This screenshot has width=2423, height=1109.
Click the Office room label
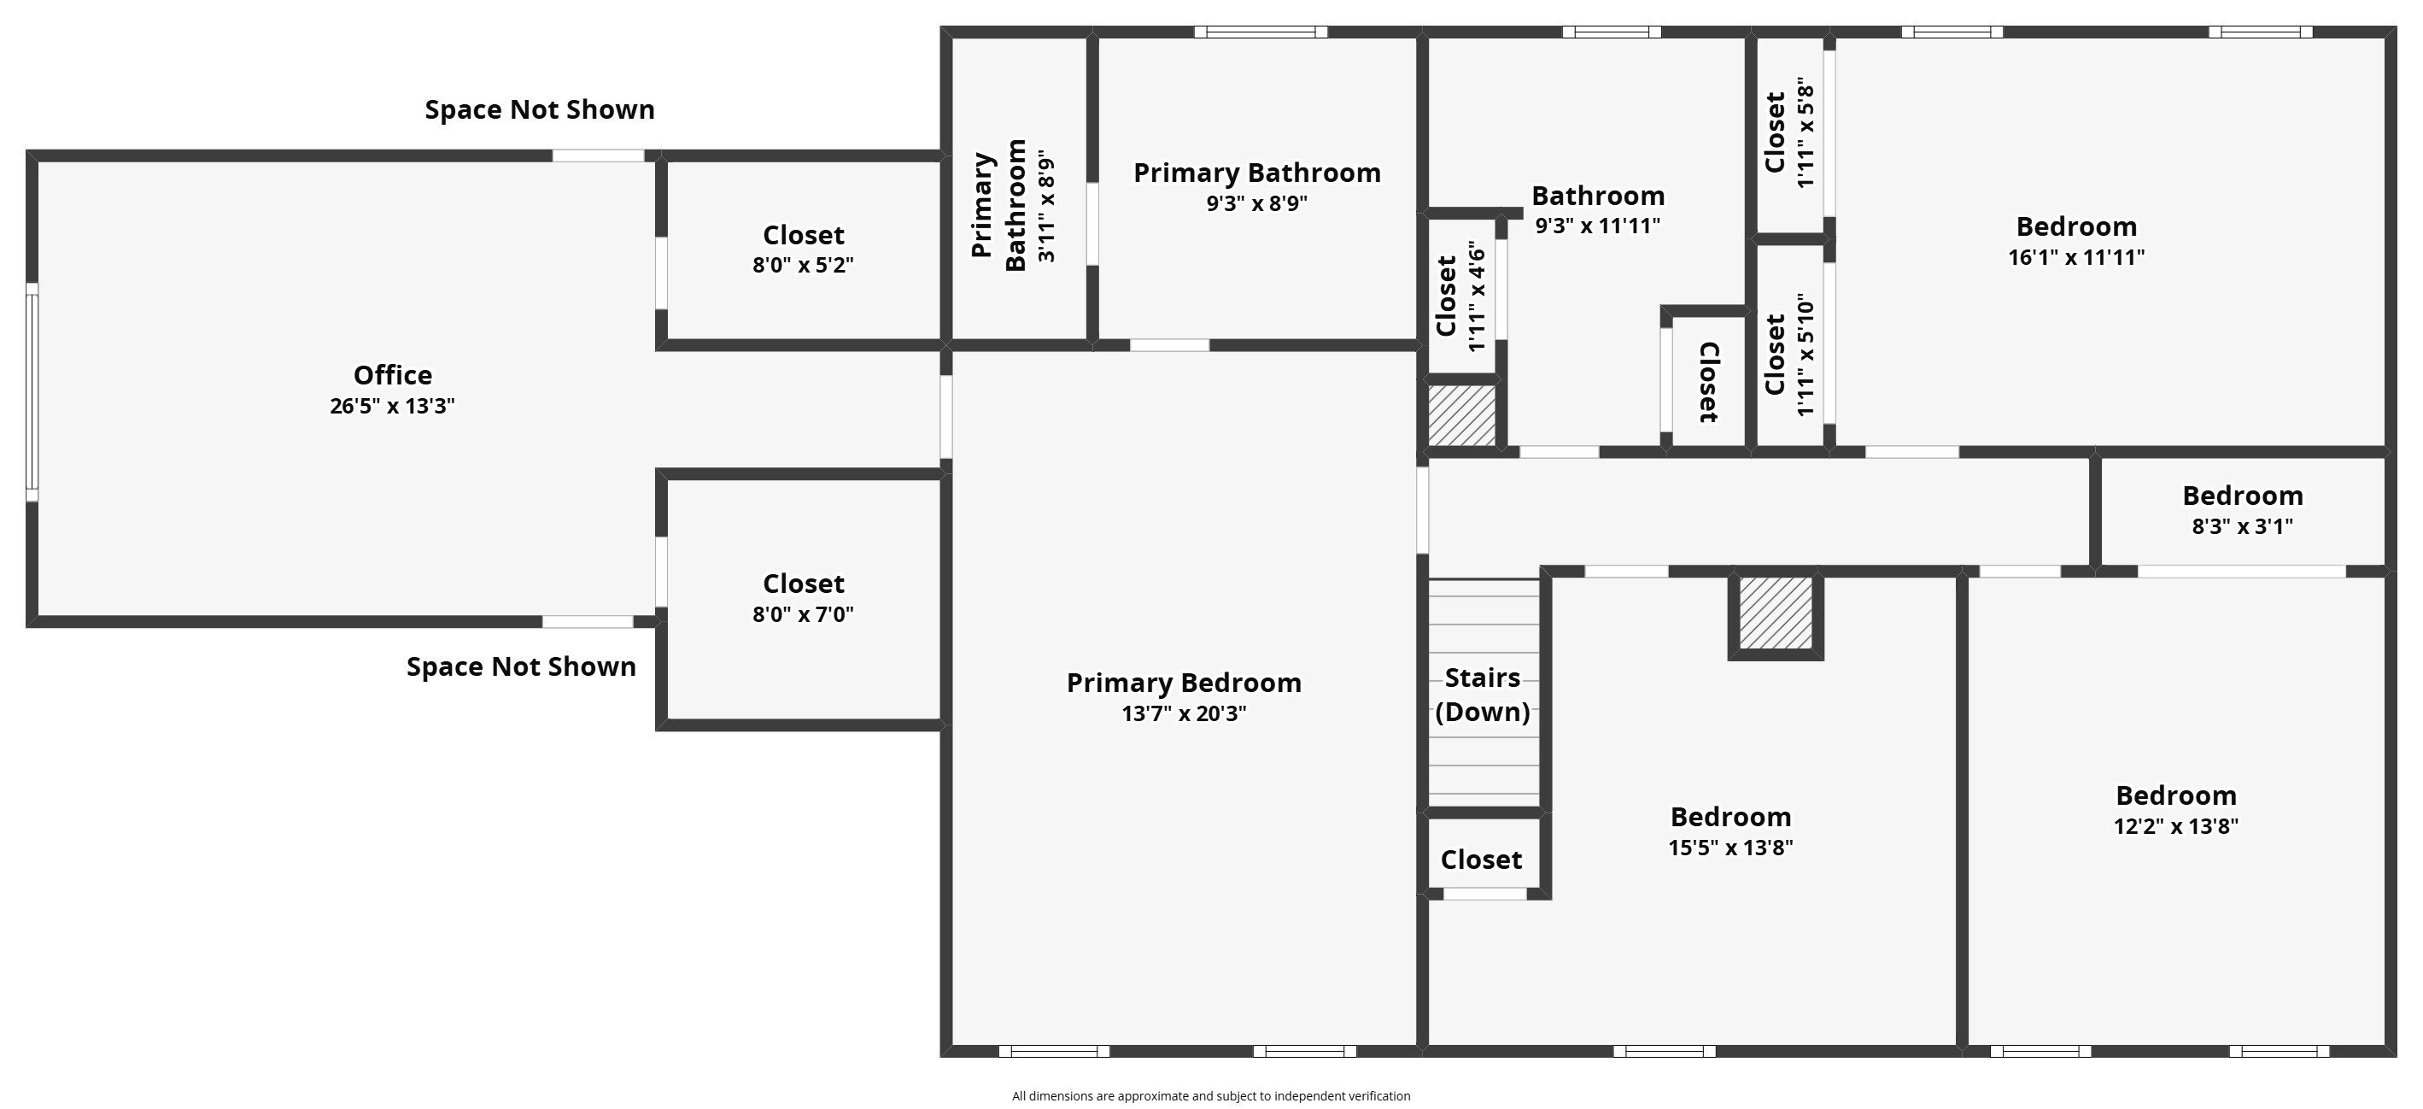click(392, 375)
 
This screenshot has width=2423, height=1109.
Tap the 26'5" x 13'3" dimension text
click(392, 407)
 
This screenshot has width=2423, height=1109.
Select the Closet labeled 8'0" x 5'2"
click(804, 235)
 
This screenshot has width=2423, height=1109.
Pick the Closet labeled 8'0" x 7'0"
click(804, 584)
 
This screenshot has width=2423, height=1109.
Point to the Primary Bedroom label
click(1183, 683)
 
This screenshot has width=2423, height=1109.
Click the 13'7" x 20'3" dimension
click(1183, 714)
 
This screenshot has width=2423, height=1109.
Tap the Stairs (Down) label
click(1483, 695)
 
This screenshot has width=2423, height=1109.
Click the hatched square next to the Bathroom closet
click(1461, 415)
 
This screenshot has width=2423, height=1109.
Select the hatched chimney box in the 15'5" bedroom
click(1775, 613)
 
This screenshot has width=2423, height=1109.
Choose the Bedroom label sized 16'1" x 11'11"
click(2076, 226)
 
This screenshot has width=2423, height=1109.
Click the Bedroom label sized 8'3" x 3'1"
click(2243, 496)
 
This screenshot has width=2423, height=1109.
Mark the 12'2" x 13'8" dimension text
click(2175, 827)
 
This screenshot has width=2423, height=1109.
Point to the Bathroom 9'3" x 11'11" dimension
click(1598, 226)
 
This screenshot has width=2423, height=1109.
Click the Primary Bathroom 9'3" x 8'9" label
click(1256, 173)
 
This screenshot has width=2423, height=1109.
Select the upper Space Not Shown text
click(540, 110)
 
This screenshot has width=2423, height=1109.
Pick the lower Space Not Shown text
click(521, 667)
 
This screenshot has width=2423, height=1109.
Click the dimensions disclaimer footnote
click(1210, 1096)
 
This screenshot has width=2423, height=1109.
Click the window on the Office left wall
click(32, 392)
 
